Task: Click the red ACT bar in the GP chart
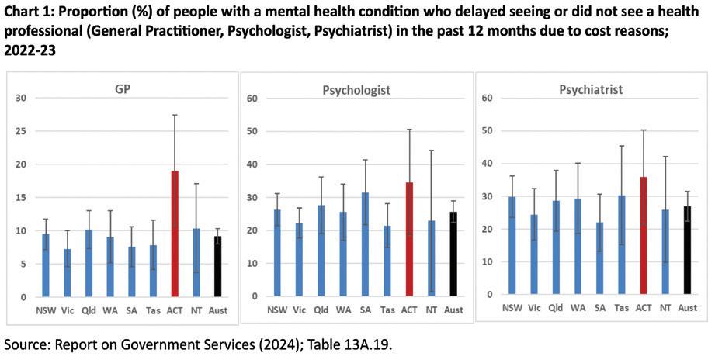[x=175, y=233]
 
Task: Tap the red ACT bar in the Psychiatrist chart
[x=642, y=236]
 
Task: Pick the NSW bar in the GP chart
[x=45, y=265]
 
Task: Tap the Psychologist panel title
[x=356, y=90]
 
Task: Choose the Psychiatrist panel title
[x=591, y=89]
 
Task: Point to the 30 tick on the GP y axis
[x=21, y=98]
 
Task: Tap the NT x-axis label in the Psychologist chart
[x=432, y=310]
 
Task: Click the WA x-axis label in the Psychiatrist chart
[x=576, y=308]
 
